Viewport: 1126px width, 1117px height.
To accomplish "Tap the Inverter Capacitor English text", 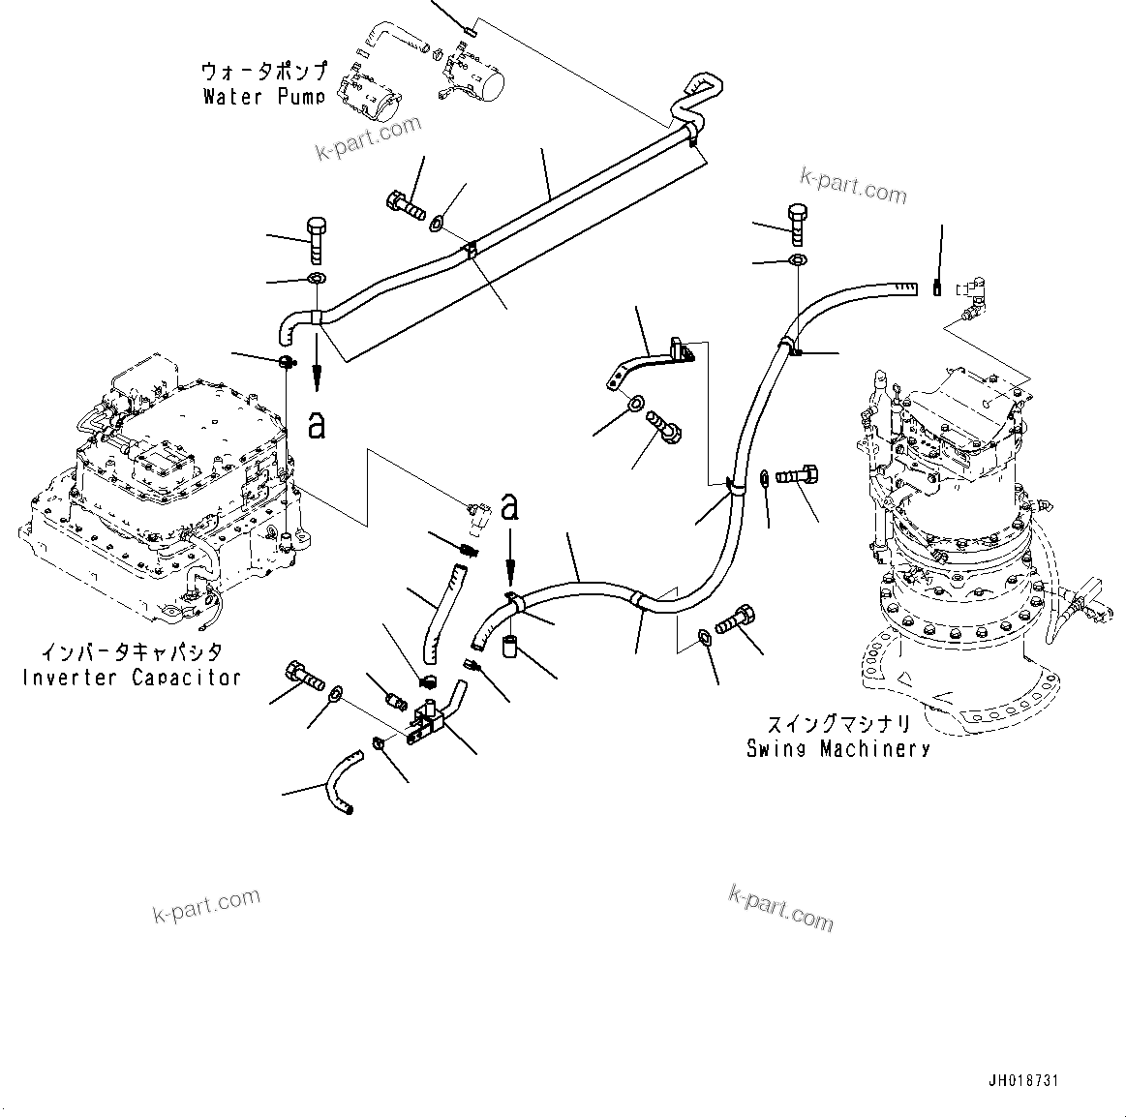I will [131, 677].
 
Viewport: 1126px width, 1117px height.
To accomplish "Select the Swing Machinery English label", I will [837, 748].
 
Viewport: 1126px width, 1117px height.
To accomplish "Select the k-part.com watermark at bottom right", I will [779, 906].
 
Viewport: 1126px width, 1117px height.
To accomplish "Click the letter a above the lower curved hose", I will [510, 506].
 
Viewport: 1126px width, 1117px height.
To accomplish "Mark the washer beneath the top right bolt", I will [796, 260].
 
